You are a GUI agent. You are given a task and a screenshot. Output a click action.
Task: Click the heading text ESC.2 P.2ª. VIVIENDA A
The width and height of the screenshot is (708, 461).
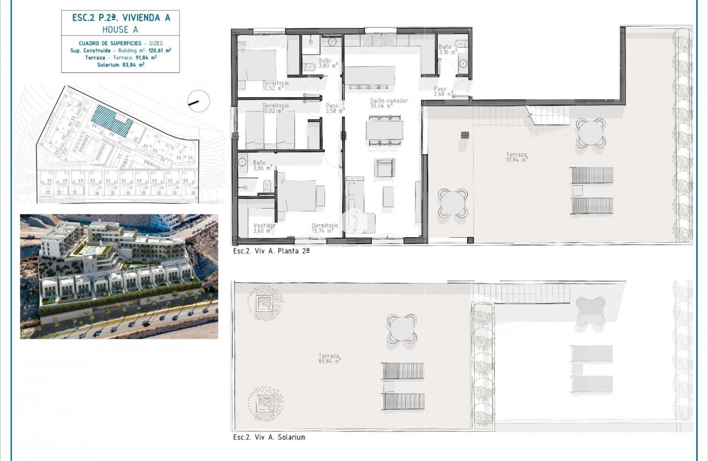click(121, 17)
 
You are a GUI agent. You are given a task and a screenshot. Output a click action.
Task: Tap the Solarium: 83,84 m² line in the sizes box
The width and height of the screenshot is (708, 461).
click(121, 64)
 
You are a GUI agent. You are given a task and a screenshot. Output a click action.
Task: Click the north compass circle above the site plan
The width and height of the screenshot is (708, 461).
click(198, 101)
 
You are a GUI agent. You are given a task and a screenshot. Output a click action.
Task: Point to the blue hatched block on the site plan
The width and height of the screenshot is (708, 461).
click(112, 121)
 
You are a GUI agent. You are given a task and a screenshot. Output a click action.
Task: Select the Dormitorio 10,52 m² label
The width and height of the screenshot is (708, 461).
click(275, 85)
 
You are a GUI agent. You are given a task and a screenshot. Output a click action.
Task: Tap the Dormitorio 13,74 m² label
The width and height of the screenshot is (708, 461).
click(325, 228)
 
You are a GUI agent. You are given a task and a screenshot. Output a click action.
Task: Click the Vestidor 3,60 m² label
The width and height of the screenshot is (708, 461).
click(264, 228)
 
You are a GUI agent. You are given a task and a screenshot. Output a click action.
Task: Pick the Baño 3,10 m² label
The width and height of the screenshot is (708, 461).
click(446, 49)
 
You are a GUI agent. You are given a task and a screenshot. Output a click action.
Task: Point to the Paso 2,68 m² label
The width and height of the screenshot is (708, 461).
click(442, 91)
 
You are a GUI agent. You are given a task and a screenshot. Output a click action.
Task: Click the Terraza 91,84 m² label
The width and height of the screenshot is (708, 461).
click(517, 157)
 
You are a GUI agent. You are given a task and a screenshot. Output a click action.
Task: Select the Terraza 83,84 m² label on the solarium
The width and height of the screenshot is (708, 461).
click(329, 358)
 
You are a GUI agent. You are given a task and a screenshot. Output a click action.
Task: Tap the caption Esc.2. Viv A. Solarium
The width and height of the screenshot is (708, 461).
click(269, 437)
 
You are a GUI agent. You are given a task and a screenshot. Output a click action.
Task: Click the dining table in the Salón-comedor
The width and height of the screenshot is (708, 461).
click(385, 130)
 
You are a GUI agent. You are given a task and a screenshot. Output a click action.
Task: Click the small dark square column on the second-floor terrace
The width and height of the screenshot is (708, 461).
click(464, 135)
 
